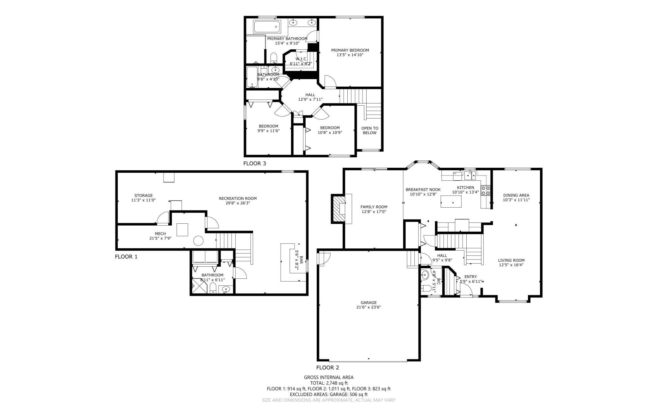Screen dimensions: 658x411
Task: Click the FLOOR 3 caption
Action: coord(254,164)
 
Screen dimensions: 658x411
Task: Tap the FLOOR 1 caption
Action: coord(126,257)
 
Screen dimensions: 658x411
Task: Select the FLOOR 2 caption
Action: coord(327,368)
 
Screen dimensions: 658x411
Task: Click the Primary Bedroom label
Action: coord(350,50)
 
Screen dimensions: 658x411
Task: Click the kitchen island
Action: coord(451,202)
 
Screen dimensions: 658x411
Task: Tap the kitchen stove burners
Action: coord(486,190)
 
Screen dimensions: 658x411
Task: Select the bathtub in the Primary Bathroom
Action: coord(267,27)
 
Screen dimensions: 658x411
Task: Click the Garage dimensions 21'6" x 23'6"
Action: coord(369,307)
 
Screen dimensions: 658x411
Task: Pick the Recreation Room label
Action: coord(238,198)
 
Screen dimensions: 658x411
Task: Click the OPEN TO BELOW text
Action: coord(369,130)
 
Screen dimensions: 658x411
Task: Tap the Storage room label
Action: coord(143,196)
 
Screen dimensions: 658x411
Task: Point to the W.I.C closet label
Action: coord(301,59)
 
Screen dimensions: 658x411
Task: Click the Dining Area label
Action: coord(516,195)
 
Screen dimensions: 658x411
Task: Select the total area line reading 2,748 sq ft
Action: coord(329,383)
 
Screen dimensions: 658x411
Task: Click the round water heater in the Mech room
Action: coord(199,241)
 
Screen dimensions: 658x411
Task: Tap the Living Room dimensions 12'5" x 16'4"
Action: coord(511,265)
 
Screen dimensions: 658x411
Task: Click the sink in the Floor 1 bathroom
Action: coord(226,289)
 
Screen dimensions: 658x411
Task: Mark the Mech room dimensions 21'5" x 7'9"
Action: coord(160,238)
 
